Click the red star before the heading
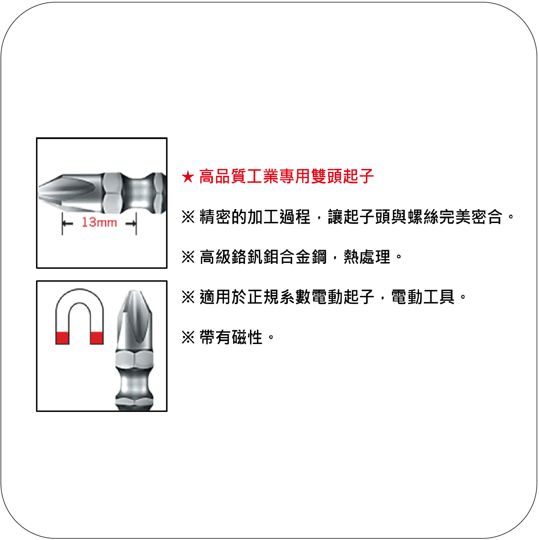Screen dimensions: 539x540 click(x=188, y=177)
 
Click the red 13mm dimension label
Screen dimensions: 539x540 click(x=99, y=222)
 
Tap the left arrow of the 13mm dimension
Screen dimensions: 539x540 click(x=67, y=223)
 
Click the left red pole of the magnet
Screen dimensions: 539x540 click(x=62, y=338)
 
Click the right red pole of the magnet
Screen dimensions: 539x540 click(x=97, y=338)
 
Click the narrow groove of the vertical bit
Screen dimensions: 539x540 click(x=134, y=385)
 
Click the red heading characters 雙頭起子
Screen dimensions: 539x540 click(x=343, y=176)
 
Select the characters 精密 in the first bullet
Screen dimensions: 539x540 click(x=215, y=217)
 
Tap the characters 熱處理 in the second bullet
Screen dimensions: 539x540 click(x=367, y=257)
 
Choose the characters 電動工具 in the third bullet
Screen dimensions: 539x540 click(x=423, y=297)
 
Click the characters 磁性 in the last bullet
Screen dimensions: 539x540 click(x=247, y=337)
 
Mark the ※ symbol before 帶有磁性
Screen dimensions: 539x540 click(x=188, y=337)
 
